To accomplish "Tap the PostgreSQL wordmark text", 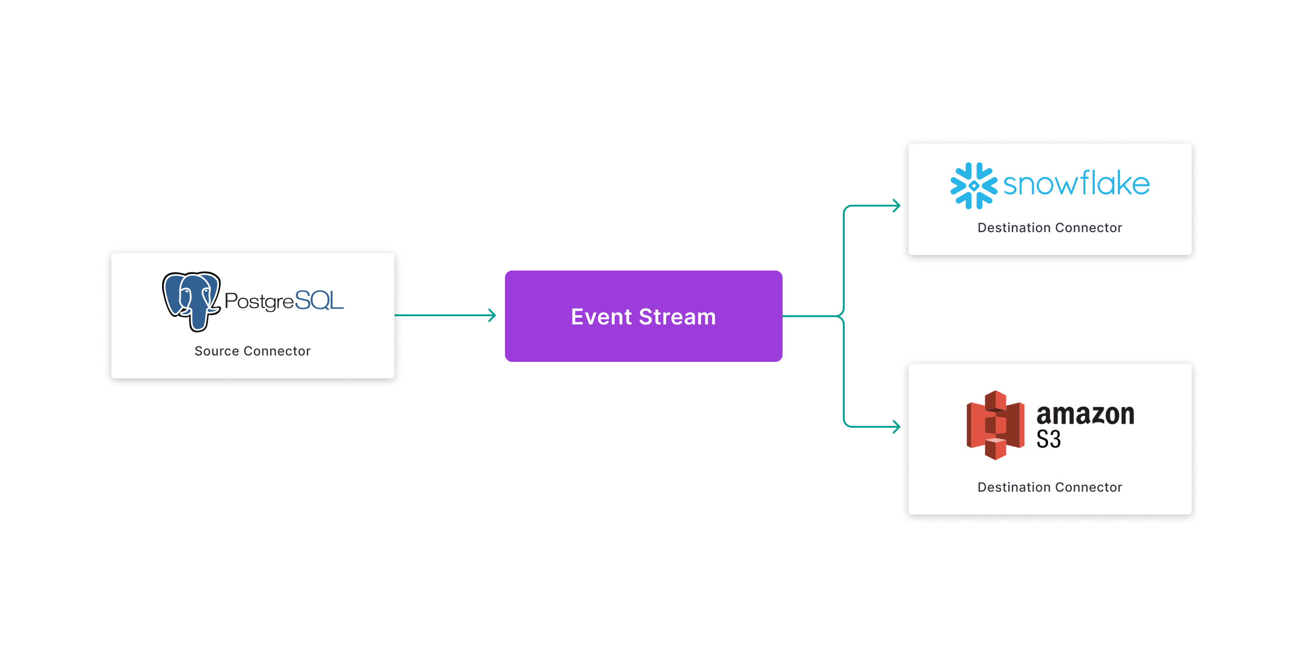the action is [x=284, y=301].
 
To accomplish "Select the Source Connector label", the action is [x=252, y=351].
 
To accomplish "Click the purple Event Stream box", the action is [x=643, y=316].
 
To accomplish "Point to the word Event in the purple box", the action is [x=601, y=317].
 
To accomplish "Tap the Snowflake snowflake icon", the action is [x=973, y=186].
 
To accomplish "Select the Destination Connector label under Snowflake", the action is [x=1049, y=228].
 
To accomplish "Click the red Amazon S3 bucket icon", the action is [x=995, y=425].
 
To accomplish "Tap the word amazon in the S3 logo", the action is [x=1085, y=414].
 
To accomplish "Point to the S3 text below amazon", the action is [x=1048, y=439].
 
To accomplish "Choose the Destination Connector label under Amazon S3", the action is [x=1049, y=487].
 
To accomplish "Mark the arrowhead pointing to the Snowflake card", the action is [x=897, y=206].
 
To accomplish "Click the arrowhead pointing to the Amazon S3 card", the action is [x=897, y=426].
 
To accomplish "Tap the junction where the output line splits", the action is [x=842, y=316].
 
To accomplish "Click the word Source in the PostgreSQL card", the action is [x=217, y=351].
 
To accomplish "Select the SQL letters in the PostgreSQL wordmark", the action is [x=319, y=300].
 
